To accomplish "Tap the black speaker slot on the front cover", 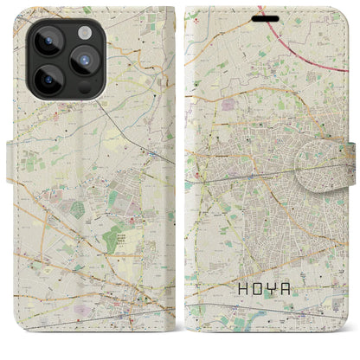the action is [271, 16].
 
